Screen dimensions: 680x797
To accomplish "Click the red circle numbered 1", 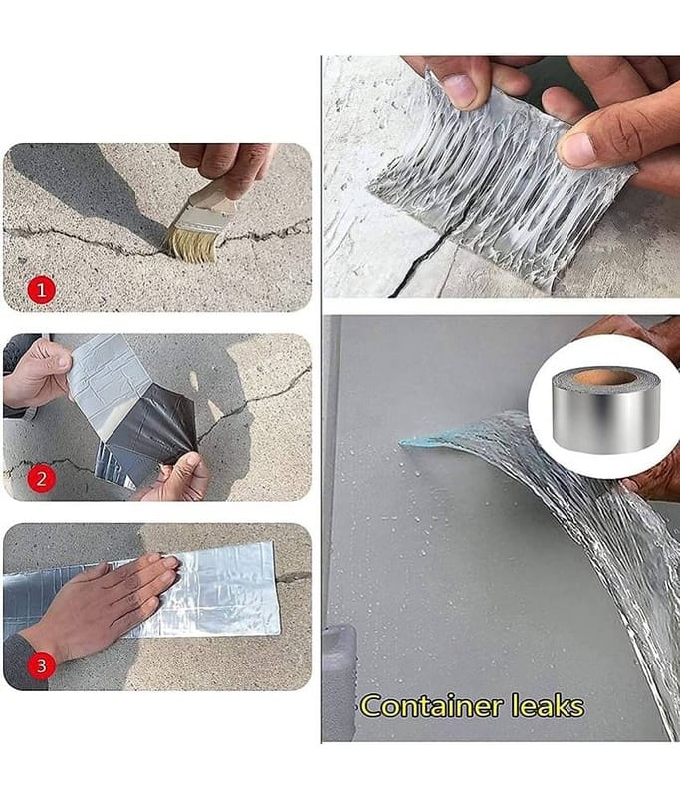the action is click(x=41, y=290).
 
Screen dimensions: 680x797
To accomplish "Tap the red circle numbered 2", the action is click(x=41, y=478).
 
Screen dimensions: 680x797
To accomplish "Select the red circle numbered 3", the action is click(x=41, y=665).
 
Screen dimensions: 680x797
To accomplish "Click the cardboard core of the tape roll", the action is click(x=605, y=378).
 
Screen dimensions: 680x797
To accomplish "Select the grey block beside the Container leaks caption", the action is click(x=340, y=681).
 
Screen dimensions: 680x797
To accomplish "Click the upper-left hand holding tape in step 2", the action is click(x=37, y=374).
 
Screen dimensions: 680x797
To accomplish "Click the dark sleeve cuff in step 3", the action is click(x=24, y=664).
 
